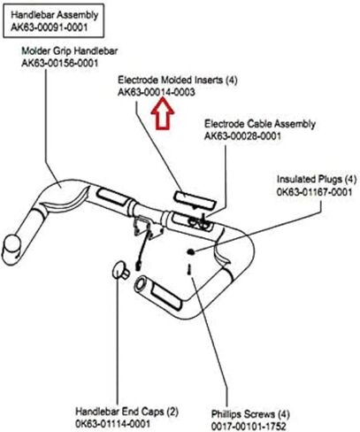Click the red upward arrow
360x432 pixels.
163,113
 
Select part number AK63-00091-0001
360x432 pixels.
50,27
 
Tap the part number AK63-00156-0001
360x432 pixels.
60,63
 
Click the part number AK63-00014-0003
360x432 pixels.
157,92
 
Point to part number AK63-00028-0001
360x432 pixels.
242,136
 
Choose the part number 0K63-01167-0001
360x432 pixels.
315,192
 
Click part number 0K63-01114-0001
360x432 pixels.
113,424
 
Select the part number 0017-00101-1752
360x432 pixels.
249,427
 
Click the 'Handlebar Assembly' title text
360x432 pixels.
55,15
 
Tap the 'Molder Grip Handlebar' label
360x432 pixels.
70,50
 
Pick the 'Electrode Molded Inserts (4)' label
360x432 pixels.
178,80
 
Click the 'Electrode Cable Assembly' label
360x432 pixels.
260,124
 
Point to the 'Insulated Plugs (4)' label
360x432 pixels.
317,179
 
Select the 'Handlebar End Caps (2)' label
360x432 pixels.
127,412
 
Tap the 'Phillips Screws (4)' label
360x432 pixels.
250,414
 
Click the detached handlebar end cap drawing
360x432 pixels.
120,270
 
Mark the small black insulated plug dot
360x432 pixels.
191,251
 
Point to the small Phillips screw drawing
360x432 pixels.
189,269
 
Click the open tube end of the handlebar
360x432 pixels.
140,284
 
